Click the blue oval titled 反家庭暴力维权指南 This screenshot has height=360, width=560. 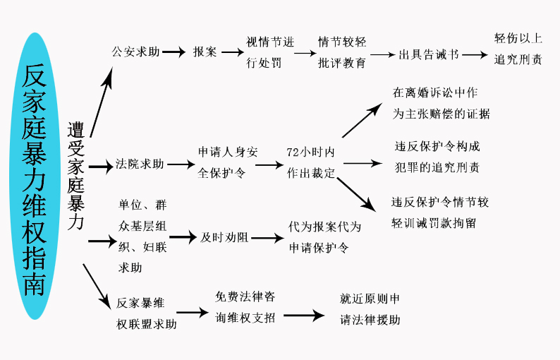pyautogui.click(x=34, y=176)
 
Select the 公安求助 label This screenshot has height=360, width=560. pyautogui.click(x=135, y=52)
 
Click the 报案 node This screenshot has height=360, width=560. pyautogui.click(x=205, y=52)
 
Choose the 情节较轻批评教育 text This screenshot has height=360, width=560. pyautogui.click(x=342, y=52)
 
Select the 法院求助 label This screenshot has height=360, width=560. pyautogui.click(x=140, y=164)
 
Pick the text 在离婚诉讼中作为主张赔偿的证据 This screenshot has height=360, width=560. pyautogui.click(x=441, y=103)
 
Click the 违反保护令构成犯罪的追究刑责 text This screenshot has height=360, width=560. pyautogui.click(x=437, y=157)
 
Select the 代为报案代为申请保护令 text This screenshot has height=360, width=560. pyautogui.click(x=324, y=237)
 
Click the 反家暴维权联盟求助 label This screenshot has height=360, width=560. pyautogui.click(x=147, y=313)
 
